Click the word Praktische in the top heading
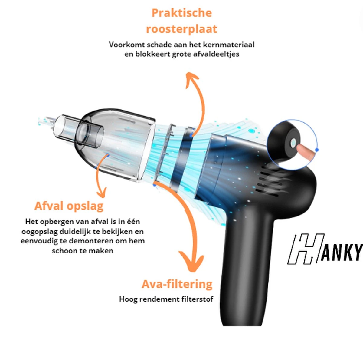[x=181, y=13]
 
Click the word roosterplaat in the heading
[x=181, y=29]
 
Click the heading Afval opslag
[x=69, y=206]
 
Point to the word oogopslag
[x=40, y=232]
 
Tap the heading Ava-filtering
[x=177, y=284]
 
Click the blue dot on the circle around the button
[x=317, y=150]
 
